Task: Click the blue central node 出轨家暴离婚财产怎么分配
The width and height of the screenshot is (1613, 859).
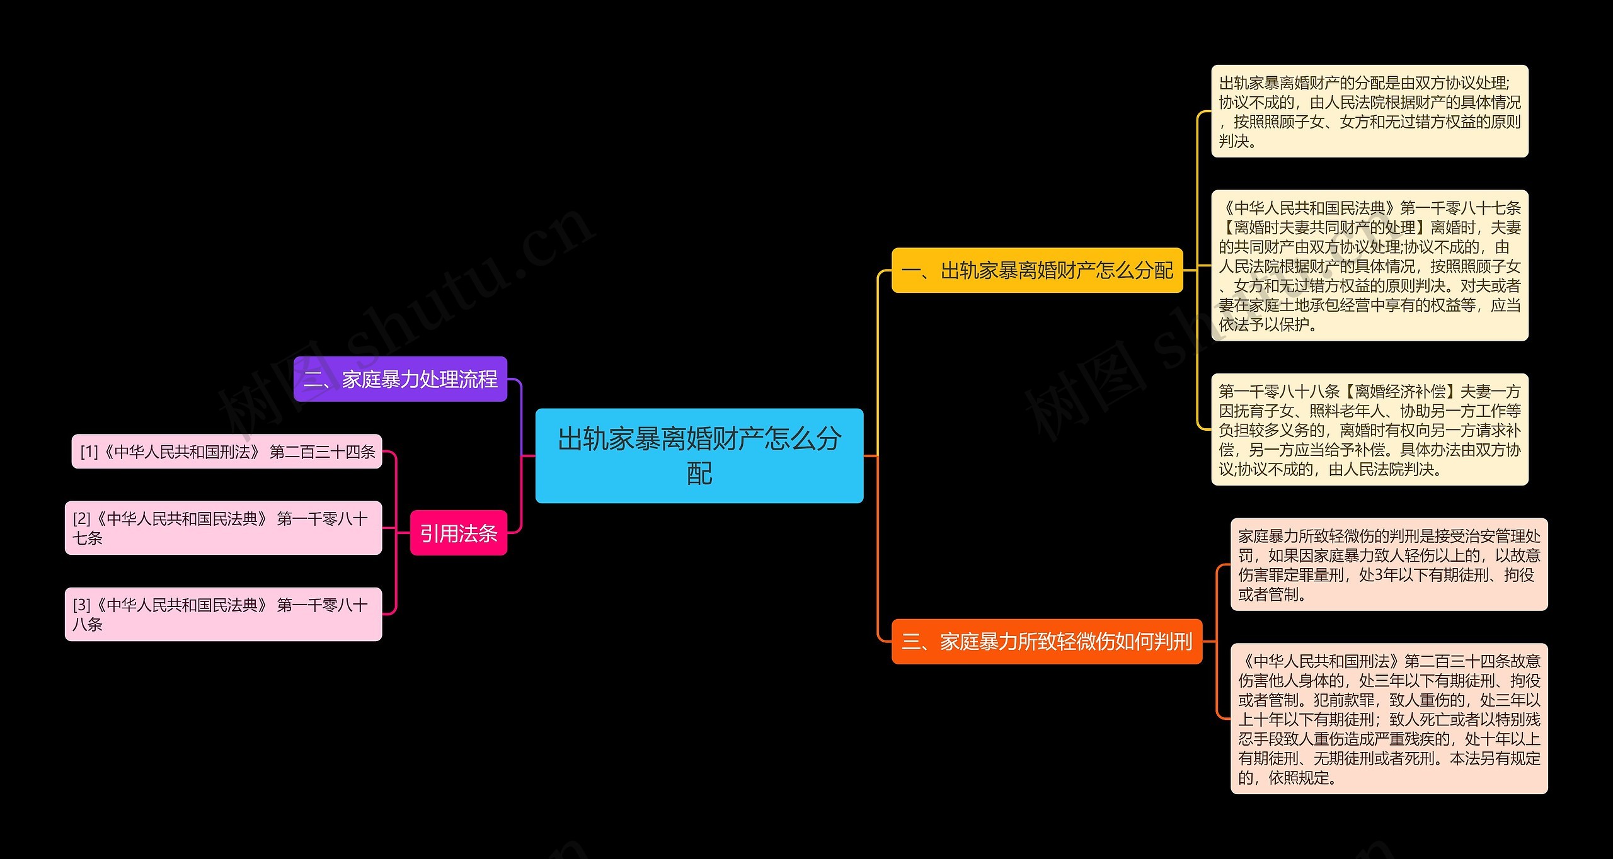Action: (x=699, y=455)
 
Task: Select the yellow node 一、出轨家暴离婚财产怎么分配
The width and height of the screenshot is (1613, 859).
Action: (x=1037, y=270)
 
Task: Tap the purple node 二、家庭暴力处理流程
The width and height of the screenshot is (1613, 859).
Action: (x=400, y=379)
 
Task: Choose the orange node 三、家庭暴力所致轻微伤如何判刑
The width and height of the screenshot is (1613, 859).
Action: (x=1047, y=641)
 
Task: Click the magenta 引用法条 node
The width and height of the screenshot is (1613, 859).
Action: (x=458, y=533)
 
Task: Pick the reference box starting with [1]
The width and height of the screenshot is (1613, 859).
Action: (x=227, y=452)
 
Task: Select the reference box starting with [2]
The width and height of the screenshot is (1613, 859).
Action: (x=223, y=528)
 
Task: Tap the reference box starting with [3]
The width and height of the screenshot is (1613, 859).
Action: (x=223, y=614)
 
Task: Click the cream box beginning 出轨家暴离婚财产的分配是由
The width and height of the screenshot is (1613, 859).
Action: (x=1369, y=111)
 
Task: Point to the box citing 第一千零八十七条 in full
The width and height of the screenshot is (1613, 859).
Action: (x=1369, y=265)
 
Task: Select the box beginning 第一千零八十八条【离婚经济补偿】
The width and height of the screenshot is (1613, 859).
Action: (x=1369, y=429)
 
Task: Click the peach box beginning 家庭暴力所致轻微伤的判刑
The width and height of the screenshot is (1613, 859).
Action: (x=1389, y=564)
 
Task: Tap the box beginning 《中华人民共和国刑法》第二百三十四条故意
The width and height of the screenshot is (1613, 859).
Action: (x=1389, y=719)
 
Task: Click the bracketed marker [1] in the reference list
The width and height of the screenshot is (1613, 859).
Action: (x=89, y=452)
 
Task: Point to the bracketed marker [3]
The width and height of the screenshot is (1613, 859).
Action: (x=81, y=605)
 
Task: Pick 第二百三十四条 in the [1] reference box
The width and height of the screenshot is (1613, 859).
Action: (x=323, y=452)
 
